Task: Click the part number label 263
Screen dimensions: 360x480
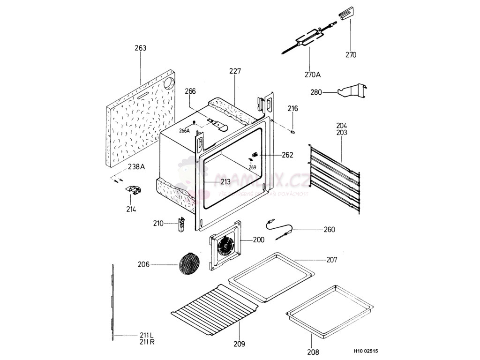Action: tap(140, 48)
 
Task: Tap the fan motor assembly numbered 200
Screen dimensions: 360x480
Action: tap(226, 246)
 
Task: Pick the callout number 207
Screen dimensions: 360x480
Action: tap(331, 260)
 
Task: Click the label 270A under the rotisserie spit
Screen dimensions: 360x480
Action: tap(312, 75)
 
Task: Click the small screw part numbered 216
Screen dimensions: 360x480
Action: tap(293, 132)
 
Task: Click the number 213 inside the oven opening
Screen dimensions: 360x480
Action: tap(225, 181)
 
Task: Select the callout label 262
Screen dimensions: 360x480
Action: tap(287, 155)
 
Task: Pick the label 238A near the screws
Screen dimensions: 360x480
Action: tap(136, 165)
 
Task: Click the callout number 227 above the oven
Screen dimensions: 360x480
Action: tap(235, 71)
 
